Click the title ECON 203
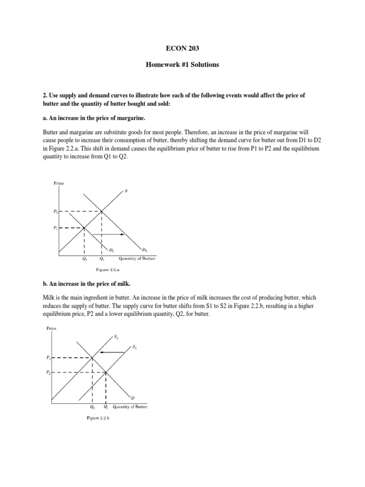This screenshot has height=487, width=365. tap(182, 48)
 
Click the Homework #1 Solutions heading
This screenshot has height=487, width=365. tap(182, 65)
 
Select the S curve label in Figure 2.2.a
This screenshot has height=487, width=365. tap(126, 191)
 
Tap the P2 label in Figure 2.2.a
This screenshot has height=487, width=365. tap(55, 211)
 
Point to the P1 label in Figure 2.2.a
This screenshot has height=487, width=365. tap(55, 227)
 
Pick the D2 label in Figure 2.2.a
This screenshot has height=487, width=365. tap(144, 249)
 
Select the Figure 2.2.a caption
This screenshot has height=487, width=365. tap(107, 269)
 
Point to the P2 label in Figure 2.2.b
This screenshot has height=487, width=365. tap(48, 358)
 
